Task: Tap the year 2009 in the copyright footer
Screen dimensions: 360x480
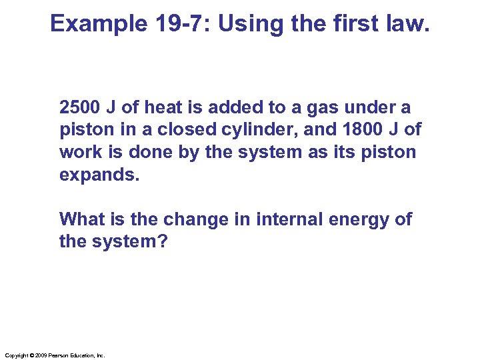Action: pyautogui.click(x=37, y=355)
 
